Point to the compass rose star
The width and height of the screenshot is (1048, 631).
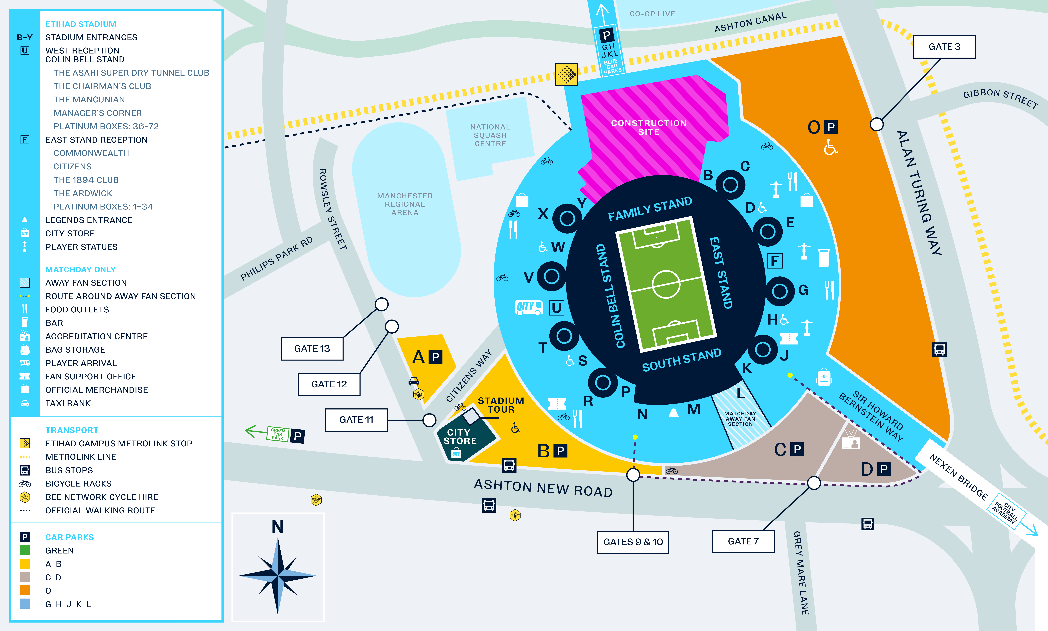(x=278, y=576)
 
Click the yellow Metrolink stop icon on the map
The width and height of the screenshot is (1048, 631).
(x=566, y=74)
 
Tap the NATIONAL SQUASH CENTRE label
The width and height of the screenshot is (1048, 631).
(x=490, y=135)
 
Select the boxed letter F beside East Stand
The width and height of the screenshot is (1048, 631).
(x=775, y=261)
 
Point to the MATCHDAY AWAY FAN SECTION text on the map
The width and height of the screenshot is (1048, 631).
(x=740, y=419)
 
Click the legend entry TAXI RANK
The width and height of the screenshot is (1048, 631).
(x=68, y=403)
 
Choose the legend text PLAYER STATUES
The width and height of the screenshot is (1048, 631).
(x=81, y=247)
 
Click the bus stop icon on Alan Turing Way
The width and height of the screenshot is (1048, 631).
(x=939, y=350)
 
